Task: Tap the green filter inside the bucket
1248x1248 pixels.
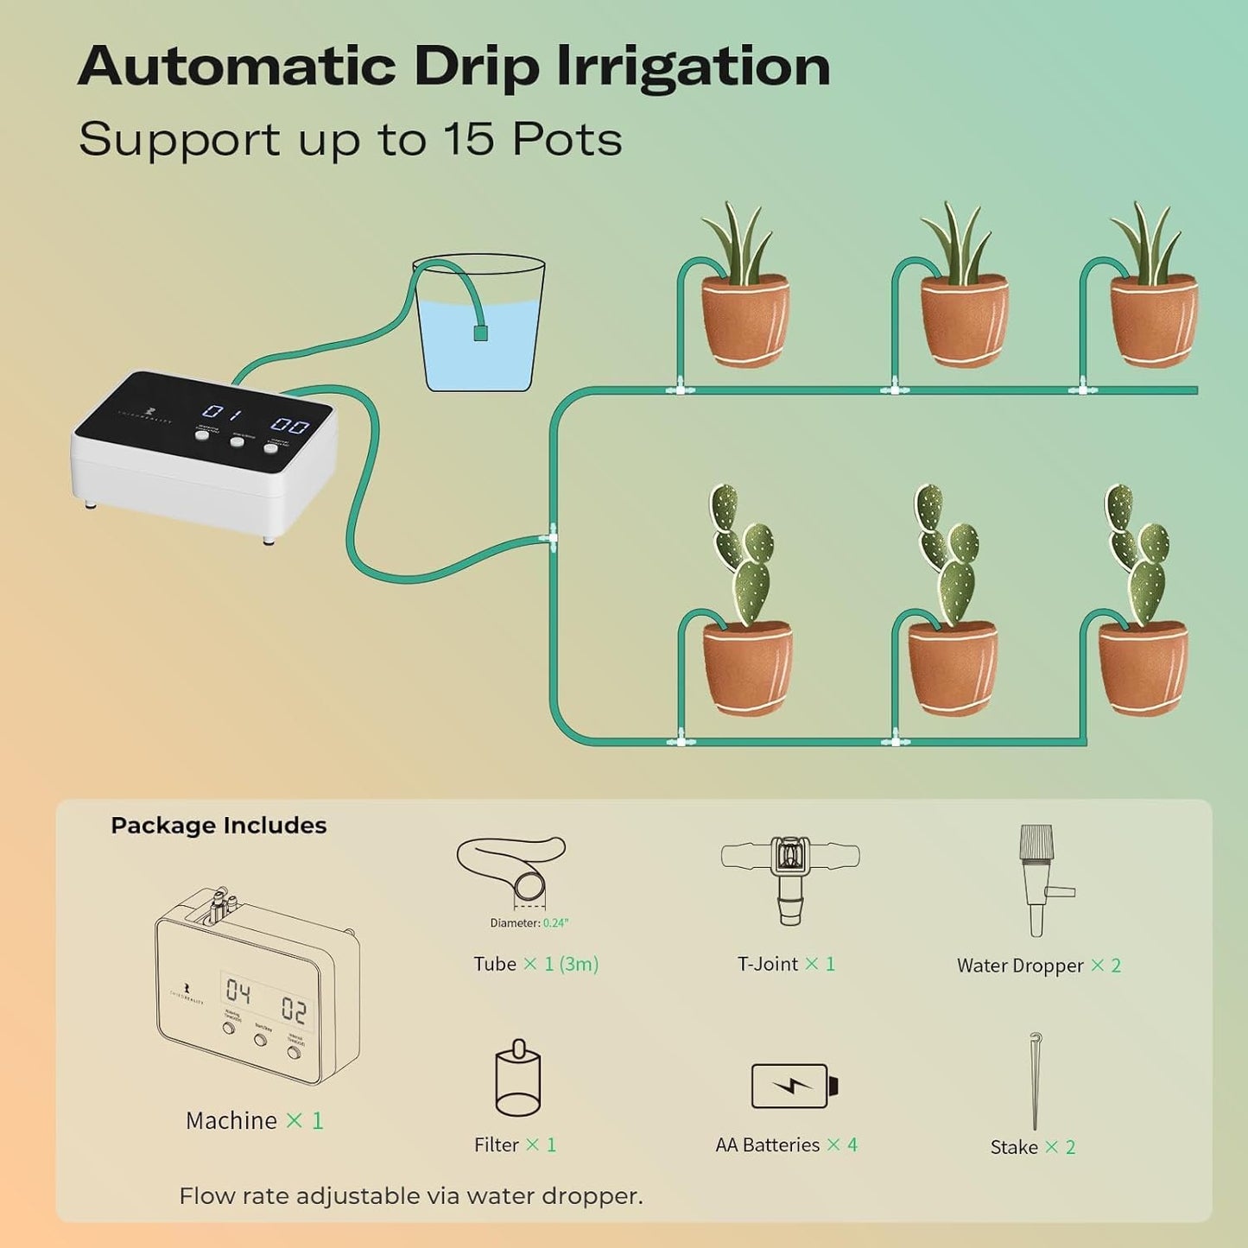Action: (x=481, y=333)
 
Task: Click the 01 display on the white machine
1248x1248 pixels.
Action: (x=221, y=412)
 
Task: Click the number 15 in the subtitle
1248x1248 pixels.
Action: (x=468, y=139)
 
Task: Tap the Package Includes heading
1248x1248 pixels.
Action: (x=219, y=826)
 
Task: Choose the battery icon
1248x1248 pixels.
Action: (x=794, y=1086)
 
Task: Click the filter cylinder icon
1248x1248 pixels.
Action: (x=517, y=1080)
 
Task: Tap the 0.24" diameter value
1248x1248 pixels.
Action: (x=555, y=923)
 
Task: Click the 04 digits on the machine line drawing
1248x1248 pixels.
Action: (x=238, y=992)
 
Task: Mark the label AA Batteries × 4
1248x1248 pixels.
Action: (x=786, y=1145)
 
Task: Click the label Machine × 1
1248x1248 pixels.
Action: (x=254, y=1121)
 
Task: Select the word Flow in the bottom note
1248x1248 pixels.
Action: (x=206, y=1196)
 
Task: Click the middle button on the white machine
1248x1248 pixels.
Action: (x=238, y=441)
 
